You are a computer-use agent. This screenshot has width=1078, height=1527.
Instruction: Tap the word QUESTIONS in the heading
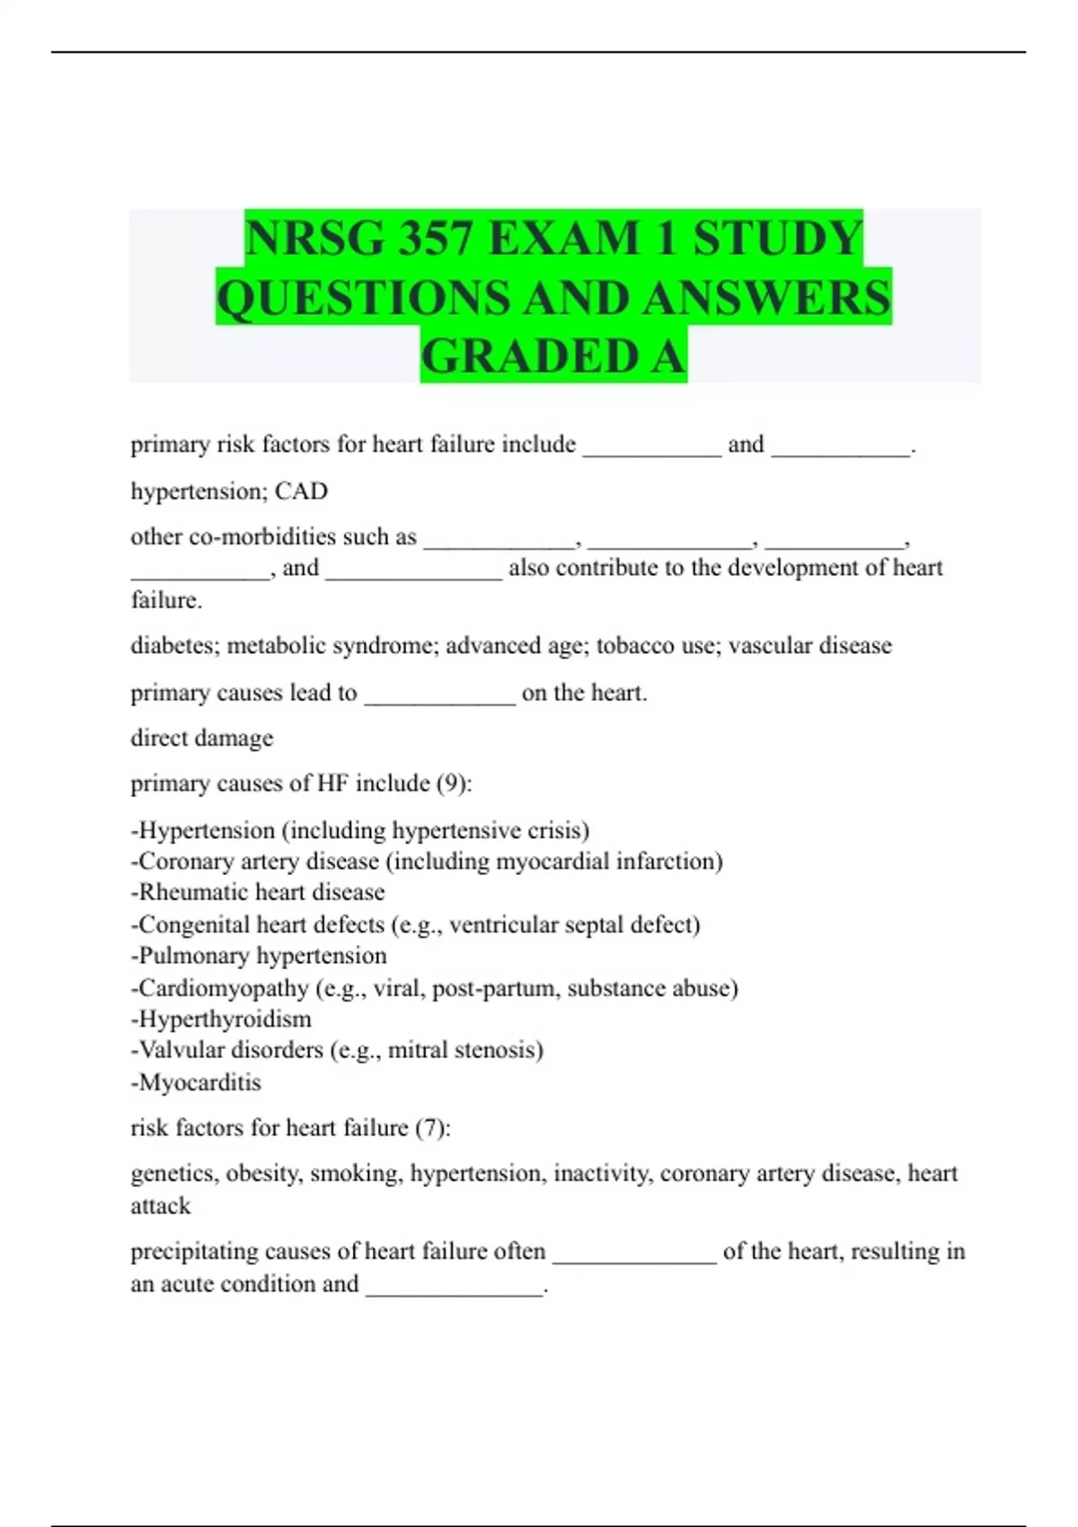364,298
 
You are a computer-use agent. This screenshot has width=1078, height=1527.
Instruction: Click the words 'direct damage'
202,738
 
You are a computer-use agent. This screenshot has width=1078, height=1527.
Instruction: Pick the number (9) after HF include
454,783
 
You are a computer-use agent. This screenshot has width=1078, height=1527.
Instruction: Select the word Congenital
193,924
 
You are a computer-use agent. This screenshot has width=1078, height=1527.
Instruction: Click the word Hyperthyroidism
225,1019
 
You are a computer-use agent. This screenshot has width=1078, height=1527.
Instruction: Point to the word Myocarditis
199,1082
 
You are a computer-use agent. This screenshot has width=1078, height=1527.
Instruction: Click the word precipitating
192,1252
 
